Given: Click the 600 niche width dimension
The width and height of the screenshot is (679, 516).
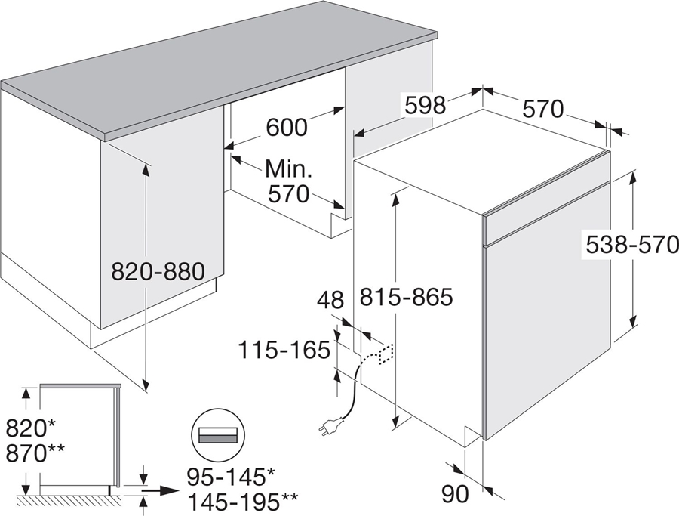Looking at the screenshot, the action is [286, 127].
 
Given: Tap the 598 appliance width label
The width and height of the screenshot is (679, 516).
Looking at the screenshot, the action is [426, 105].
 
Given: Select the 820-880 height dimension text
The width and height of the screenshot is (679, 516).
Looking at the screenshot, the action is [158, 272].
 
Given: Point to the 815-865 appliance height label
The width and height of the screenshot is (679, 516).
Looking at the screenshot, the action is [406, 298].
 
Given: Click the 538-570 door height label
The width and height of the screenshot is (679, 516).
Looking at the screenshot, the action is [631, 245].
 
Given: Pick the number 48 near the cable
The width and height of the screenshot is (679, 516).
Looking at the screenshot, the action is [330, 300].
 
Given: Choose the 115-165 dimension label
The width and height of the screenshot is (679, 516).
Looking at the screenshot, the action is [284, 350].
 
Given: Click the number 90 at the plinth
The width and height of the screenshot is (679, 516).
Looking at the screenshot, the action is [455, 494].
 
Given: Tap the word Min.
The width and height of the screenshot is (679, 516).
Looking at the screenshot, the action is [288, 168].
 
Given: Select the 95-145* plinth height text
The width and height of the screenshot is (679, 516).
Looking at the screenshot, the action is [231, 477].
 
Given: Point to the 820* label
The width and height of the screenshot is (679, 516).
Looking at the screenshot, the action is [30, 429].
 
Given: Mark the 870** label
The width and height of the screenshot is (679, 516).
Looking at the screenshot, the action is [35, 453].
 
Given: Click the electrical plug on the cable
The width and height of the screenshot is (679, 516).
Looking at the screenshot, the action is [331, 423].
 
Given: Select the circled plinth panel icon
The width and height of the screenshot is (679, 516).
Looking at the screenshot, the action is [218, 434].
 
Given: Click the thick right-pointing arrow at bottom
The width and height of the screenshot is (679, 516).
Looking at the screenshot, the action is [159, 490].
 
